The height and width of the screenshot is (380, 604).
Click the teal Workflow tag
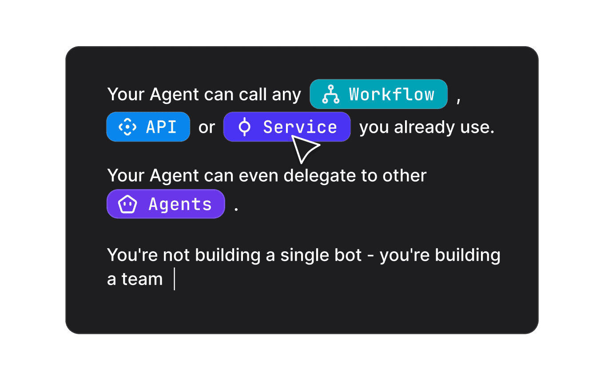coord(378,94)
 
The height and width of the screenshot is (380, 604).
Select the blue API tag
coord(148,127)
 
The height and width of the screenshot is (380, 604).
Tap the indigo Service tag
coord(286,127)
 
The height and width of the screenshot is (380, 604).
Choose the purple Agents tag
coord(166,204)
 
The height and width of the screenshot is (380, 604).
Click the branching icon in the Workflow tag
coord(330,95)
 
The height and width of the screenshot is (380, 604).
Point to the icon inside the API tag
coord(127,127)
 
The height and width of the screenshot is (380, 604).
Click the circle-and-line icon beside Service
coord(244,127)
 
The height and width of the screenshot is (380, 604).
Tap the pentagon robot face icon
coord(127,205)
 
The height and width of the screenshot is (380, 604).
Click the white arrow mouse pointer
coord(304,149)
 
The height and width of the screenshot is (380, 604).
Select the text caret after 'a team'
coord(175,280)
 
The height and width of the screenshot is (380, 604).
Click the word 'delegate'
coord(320,176)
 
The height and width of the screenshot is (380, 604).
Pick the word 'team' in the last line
coord(142,280)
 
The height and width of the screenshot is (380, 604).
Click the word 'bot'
coord(348,255)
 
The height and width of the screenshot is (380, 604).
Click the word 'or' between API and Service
coord(207,128)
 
